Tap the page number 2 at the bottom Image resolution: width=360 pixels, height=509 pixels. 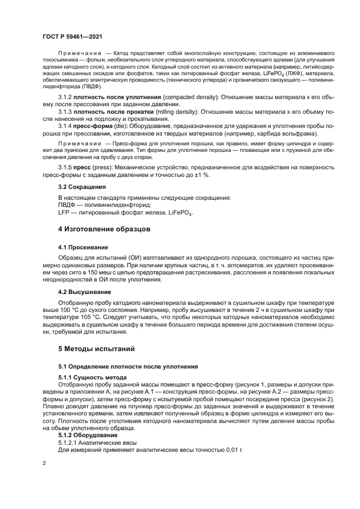click(x=44, y=463)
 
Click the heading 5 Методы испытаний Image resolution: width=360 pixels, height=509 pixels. click(x=89, y=348)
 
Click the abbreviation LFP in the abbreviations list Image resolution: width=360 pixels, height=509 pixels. click(x=64, y=212)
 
